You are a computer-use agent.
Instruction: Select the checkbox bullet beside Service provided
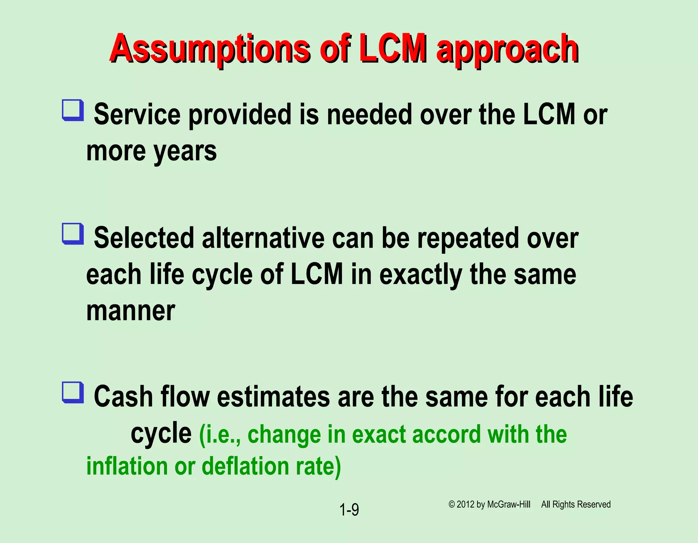click(73, 110)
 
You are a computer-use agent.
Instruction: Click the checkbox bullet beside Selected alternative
click(73, 234)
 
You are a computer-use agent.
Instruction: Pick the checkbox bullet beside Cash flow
click(73, 392)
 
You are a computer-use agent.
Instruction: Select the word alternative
click(263, 238)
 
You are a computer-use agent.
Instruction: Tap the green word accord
click(446, 434)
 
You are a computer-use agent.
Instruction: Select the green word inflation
click(127, 466)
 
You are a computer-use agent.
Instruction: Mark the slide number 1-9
click(349, 510)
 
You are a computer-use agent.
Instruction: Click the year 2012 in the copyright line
click(466, 504)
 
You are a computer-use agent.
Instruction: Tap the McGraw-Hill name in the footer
click(509, 504)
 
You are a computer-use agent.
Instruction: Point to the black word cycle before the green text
click(161, 434)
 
